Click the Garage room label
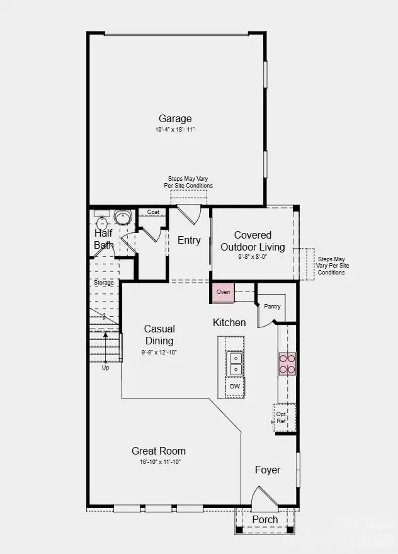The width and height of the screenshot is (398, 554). [175, 118]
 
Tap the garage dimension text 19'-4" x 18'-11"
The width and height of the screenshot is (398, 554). [175, 130]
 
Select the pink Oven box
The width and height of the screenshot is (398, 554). [223, 292]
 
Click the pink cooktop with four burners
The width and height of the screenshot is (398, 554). [287, 364]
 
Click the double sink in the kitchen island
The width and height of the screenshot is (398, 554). [234, 363]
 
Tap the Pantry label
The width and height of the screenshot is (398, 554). [272, 307]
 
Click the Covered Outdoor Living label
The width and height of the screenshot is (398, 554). [253, 241]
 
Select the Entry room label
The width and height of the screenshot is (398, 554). [189, 240]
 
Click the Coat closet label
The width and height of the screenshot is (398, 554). [152, 212]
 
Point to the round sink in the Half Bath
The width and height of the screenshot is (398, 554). [122, 218]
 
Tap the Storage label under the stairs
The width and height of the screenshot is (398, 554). [104, 283]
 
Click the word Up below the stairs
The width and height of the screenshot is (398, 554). [105, 368]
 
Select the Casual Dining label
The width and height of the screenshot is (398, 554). [159, 334]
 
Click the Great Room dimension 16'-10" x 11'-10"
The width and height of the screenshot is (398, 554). [159, 462]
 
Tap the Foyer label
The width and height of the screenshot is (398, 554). [268, 470]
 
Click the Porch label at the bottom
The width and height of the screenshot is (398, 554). [264, 519]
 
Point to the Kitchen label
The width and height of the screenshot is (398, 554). [229, 322]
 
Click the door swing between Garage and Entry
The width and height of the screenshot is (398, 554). [190, 214]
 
